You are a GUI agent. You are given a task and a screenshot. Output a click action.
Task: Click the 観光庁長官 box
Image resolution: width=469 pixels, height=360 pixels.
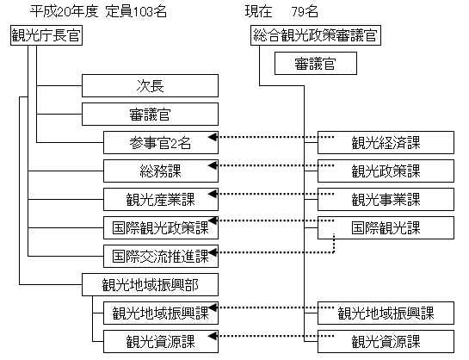(x=46, y=35)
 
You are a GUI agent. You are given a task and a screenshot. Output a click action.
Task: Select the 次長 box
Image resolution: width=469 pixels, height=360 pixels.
(x=150, y=85)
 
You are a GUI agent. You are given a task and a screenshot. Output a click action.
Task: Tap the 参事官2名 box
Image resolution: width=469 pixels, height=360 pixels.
(x=161, y=142)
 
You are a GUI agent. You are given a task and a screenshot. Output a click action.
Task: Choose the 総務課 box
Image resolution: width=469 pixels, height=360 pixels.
(x=161, y=171)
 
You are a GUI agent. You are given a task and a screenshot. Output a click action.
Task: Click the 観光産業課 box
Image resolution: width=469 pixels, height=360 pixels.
(x=161, y=199)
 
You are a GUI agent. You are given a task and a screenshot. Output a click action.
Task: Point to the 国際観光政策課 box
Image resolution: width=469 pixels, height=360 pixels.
(x=161, y=227)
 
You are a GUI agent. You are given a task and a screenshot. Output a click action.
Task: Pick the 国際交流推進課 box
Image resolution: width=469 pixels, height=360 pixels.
(x=161, y=256)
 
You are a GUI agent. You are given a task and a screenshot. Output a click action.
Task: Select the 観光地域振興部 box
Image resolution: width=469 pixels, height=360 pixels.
(x=150, y=284)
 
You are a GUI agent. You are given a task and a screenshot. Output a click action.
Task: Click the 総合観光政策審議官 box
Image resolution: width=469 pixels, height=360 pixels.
(x=316, y=35)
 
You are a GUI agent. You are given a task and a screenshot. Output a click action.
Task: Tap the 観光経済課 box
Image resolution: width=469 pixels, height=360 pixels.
(x=386, y=142)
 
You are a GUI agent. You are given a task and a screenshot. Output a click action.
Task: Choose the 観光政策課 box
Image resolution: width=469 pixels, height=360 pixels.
(x=386, y=171)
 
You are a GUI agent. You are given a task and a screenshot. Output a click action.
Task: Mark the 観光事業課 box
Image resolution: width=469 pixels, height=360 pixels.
(x=386, y=199)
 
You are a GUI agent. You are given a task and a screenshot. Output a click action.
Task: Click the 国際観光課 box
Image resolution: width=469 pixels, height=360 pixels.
(x=386, y=227)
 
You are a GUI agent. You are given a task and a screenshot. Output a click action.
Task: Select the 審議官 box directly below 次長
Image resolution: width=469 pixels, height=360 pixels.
(x=150, y=114)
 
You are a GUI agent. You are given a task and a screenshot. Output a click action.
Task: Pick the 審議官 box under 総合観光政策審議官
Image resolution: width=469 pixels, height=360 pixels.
(x=316, y=63)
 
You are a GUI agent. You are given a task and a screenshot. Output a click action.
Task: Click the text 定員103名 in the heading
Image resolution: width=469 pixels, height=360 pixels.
(x=136, y=12)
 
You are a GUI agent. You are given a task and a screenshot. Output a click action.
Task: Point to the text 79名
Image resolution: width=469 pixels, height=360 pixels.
(x=305, y=12)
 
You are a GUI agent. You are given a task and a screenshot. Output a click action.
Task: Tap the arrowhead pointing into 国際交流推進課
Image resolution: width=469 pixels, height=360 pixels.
(x=213, y=252)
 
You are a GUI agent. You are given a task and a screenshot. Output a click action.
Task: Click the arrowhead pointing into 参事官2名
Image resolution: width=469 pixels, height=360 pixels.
(x=213, y=137)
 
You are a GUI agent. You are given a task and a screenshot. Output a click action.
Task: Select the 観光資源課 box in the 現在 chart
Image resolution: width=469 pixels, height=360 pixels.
(x=386, y=341)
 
